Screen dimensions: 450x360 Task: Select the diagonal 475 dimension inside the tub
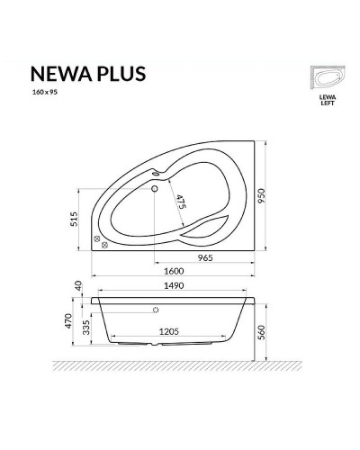[180, 204]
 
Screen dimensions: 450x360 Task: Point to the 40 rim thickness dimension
[78, 284]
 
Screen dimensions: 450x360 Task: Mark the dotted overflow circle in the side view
[156, 310]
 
